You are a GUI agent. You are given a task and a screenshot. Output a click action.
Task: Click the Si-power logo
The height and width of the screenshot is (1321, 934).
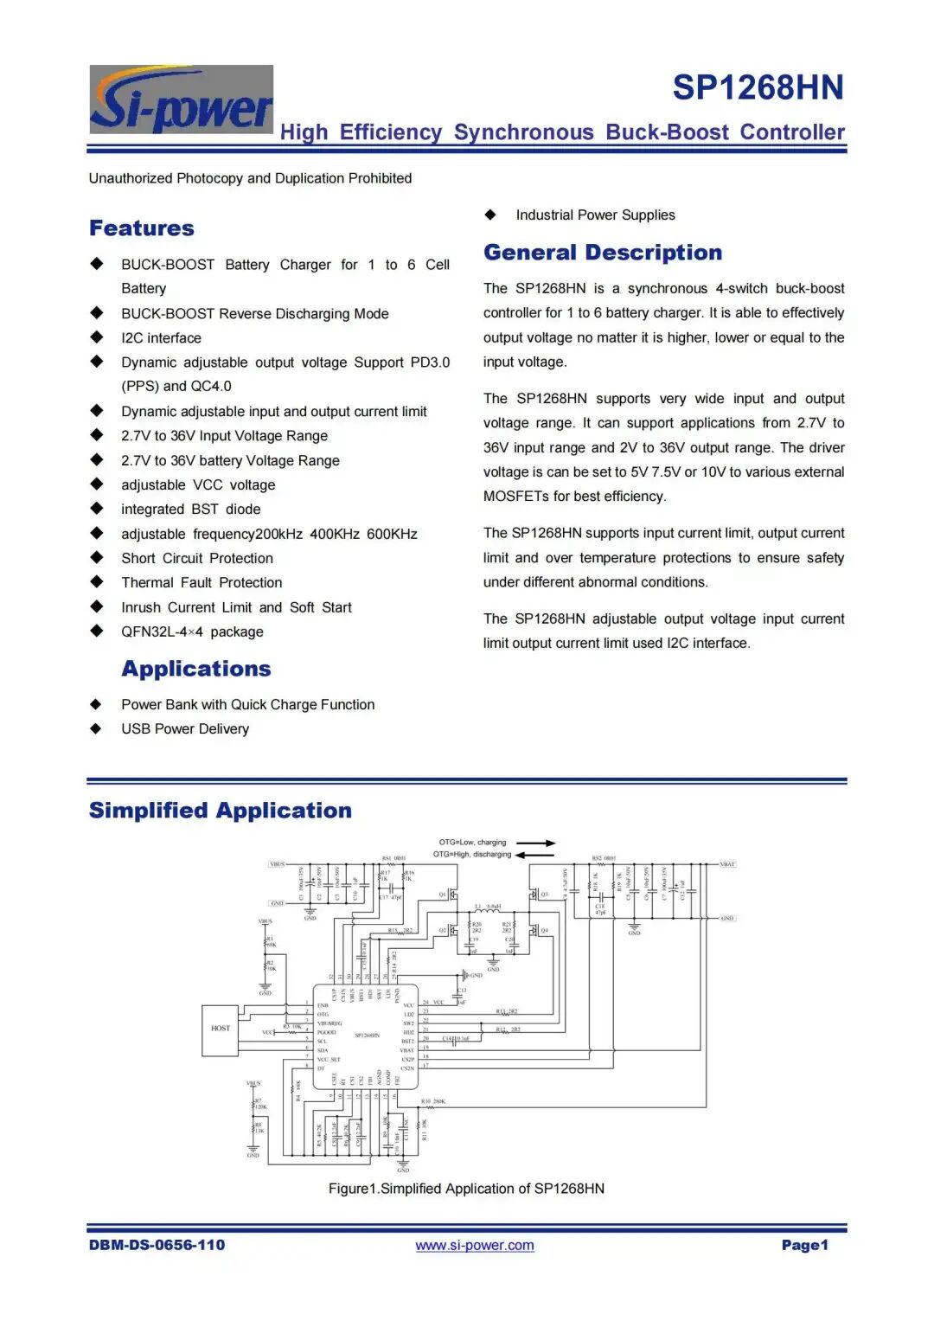[x=182, y=99]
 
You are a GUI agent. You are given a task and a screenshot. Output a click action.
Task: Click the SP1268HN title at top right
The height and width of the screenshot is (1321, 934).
[x=758, y=87]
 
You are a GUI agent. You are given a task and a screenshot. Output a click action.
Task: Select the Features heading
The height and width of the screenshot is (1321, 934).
[x=142, y=228]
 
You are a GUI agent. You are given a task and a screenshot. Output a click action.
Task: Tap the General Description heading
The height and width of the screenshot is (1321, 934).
[x=603, y=253]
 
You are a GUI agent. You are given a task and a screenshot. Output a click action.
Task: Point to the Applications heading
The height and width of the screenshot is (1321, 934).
[x=196, y=669]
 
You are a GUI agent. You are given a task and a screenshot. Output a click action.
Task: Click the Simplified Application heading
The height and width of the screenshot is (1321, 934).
[x=221, y=811]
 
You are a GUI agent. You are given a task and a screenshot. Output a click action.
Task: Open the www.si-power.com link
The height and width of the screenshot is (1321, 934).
[x=474, y=1245]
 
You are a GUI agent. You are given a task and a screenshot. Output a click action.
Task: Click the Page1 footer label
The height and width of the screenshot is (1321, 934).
[x=804, y=1245]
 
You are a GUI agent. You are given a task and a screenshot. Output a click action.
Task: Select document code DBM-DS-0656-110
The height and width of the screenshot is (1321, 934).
[x=157, y=1245]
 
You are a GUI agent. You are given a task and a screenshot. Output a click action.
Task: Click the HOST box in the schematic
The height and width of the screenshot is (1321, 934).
[x=221, y=1029]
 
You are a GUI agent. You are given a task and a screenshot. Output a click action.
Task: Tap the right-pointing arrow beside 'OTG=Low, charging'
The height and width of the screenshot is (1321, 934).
[x=537, y=843]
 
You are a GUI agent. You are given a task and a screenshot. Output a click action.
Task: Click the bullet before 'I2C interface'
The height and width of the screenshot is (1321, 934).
[x=97, y=337]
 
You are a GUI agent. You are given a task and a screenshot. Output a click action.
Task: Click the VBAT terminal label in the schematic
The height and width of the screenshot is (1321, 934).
[x=727, y=864]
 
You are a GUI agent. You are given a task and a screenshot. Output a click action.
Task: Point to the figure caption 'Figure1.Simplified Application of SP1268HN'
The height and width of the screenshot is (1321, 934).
[x=466, y=1189]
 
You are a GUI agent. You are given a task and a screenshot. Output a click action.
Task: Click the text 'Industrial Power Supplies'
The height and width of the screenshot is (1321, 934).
[x=595, y=215]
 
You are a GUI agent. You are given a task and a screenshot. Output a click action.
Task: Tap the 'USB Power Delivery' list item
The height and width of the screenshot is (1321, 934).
[x=185, y=728]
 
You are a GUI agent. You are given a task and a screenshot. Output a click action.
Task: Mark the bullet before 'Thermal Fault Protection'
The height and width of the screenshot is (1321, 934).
[x=97, y=582]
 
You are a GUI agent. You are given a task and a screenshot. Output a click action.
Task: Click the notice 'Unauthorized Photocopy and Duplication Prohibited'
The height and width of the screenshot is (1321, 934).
[x=250, y=178]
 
